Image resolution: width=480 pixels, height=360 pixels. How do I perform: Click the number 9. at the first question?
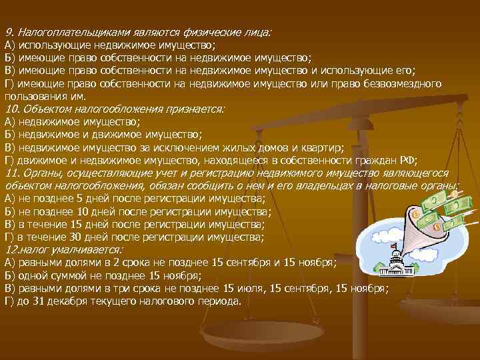[9, 33]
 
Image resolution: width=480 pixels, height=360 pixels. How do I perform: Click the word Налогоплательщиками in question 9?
[64, 33]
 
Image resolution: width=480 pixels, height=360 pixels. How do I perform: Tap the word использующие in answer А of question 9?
[50, 45]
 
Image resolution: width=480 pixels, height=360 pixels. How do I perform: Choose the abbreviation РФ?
[407, 160]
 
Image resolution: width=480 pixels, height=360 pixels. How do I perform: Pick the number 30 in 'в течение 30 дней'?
[81, 237]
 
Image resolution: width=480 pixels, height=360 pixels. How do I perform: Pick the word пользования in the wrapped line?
[31, 96]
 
